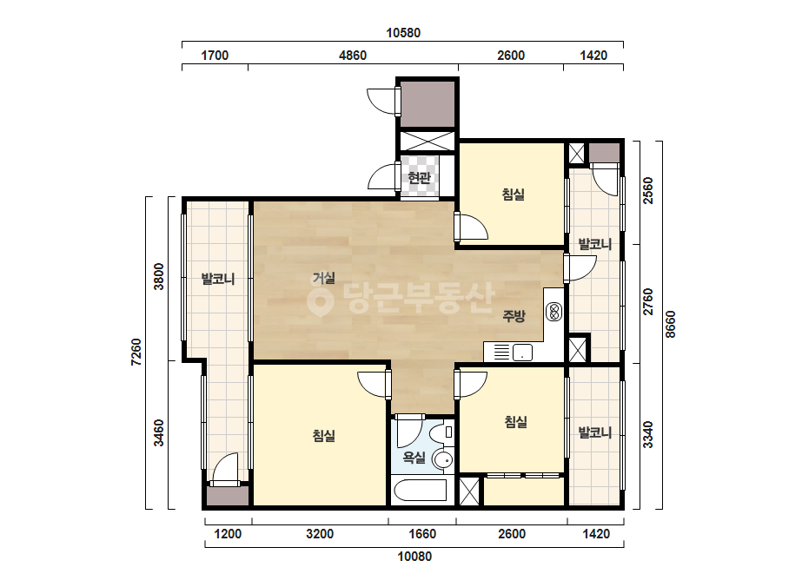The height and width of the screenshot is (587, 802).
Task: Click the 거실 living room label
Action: pyautogui.click(x=324, y=278)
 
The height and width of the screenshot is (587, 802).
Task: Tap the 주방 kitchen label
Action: pyautogui.click(x=514, y=316)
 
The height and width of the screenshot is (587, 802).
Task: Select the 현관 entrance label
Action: pyautogui.click(x=420, y=178)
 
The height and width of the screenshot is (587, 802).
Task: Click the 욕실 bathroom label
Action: pyautogui.click(x=414, y=457)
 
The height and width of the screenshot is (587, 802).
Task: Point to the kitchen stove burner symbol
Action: pyautogui.click(x=554, y=312)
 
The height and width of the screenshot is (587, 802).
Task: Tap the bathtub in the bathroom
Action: pyautogui.click(x=420, y=491)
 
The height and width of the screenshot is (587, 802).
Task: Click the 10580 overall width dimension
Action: pyautogui.click(x=403, y=33)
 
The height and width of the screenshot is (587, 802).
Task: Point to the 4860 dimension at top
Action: pyautogui.click(x=353, y=56)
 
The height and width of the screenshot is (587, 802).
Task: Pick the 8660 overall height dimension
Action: pyautogui.click(x=671, y=325)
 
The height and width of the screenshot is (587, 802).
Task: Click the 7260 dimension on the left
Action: pyautogui.click(x=136, y=353)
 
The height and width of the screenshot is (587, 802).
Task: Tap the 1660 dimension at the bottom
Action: pyautogui.click(x=422, y=534)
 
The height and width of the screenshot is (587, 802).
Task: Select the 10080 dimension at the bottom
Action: pyautogui.click(x=414, y=557)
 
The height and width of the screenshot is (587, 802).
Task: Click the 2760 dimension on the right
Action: pyautogui.click(x=648, y=302)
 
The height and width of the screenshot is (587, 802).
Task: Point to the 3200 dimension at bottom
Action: pyautogui.click(x=320, y=534)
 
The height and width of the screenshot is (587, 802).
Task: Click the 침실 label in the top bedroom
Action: pyautogui.click(x=514, y=195)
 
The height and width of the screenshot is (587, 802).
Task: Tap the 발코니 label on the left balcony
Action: pyautogui.click(x=218, y=280)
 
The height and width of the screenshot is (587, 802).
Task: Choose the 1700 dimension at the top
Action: pyautogui.click(x=215, y=56)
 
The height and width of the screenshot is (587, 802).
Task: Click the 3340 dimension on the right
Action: pyautogui.click(x=648, y=435)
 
